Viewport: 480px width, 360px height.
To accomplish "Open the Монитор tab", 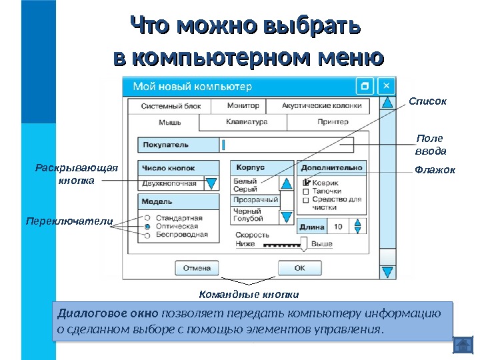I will click(238, 105).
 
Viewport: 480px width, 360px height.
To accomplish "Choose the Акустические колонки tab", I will click(321, 105).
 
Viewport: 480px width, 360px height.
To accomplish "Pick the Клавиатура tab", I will click(247, 122).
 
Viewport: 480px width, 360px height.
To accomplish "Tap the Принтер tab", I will click(333, 122).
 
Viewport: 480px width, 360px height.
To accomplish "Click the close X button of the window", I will click(387, 86).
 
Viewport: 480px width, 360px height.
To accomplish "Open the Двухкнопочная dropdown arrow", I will click(211, 183).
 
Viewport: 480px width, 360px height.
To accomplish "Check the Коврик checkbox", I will click(306, 183).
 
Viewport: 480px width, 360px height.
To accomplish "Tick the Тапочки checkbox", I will click(306, 191).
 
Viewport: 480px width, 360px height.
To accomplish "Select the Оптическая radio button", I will click(146, 227).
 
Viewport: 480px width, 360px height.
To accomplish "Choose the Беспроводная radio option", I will click(146, 235).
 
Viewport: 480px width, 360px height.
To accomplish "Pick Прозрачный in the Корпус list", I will click(255, 200).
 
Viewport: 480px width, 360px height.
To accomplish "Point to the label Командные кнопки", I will click(249, 294).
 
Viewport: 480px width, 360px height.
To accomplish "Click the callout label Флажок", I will click(435, 170).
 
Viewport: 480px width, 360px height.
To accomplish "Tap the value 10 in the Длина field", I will click(338, 227).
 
